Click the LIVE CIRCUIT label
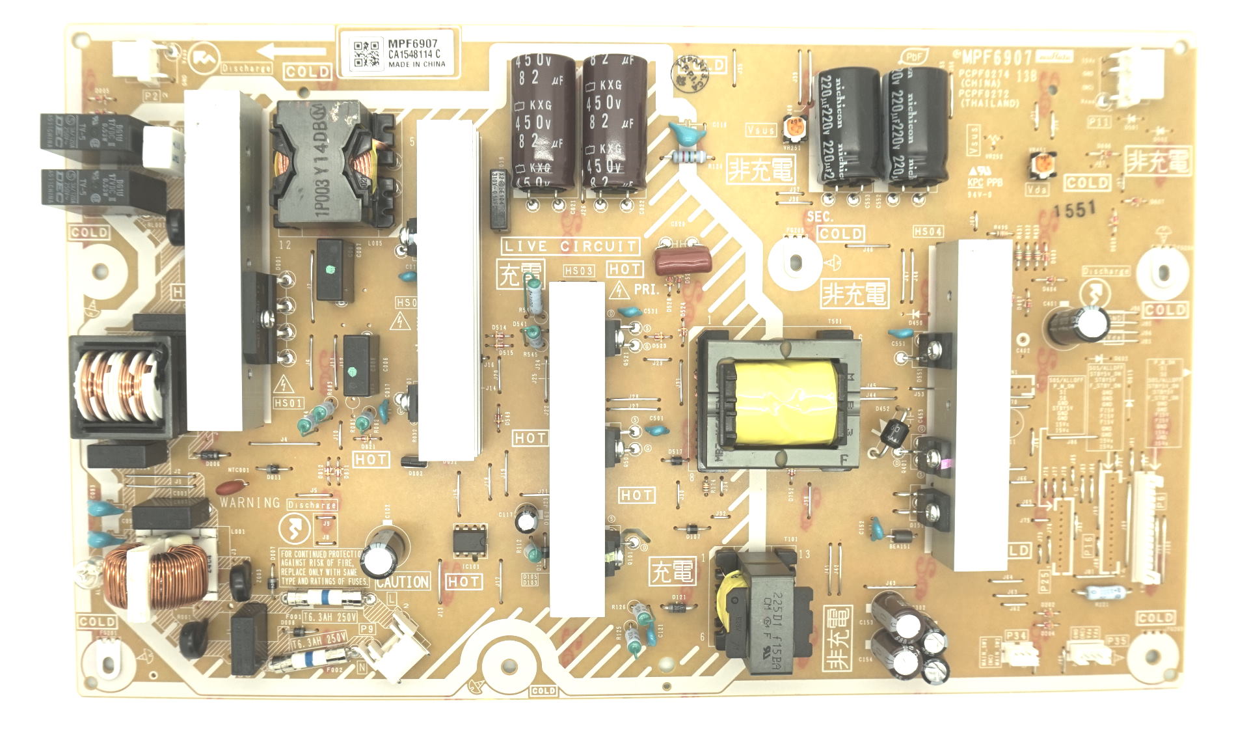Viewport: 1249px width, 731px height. point(570,246)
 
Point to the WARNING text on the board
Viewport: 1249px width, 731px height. point(250,503)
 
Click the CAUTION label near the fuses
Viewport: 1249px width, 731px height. point(403,582)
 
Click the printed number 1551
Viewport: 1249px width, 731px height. point(1075,210)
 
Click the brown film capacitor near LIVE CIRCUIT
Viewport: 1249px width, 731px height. point(683,260)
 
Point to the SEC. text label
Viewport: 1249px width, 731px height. point(820,217)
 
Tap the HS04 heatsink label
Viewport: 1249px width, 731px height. point(928,232)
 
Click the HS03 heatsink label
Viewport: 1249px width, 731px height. point(578,271)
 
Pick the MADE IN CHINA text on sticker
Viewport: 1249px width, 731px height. point(417,64)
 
